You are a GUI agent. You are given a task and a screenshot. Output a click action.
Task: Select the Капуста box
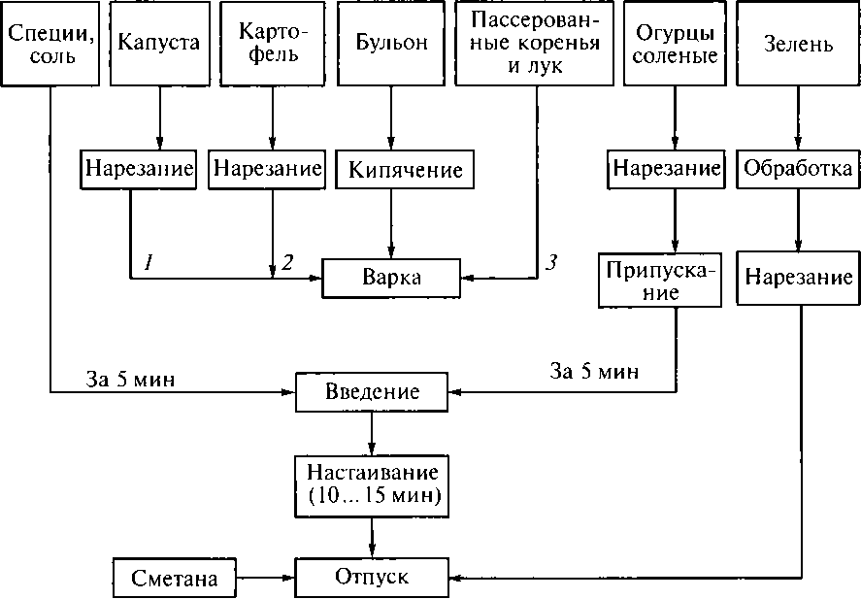[158, 44]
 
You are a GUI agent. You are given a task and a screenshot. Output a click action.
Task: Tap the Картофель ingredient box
[273, 44]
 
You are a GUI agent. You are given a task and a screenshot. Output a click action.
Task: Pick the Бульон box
[390, 44]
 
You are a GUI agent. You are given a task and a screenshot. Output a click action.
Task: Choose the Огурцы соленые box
[677, 44]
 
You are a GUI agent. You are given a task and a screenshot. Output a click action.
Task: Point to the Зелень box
[798, 44]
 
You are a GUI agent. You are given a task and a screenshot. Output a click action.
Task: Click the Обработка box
[798, 169]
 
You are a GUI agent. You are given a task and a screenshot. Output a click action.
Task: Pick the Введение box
[372, 393]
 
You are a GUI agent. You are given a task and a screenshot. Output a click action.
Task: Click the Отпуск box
[372, 578]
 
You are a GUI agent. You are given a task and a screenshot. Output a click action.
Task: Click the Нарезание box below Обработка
[798, 277]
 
